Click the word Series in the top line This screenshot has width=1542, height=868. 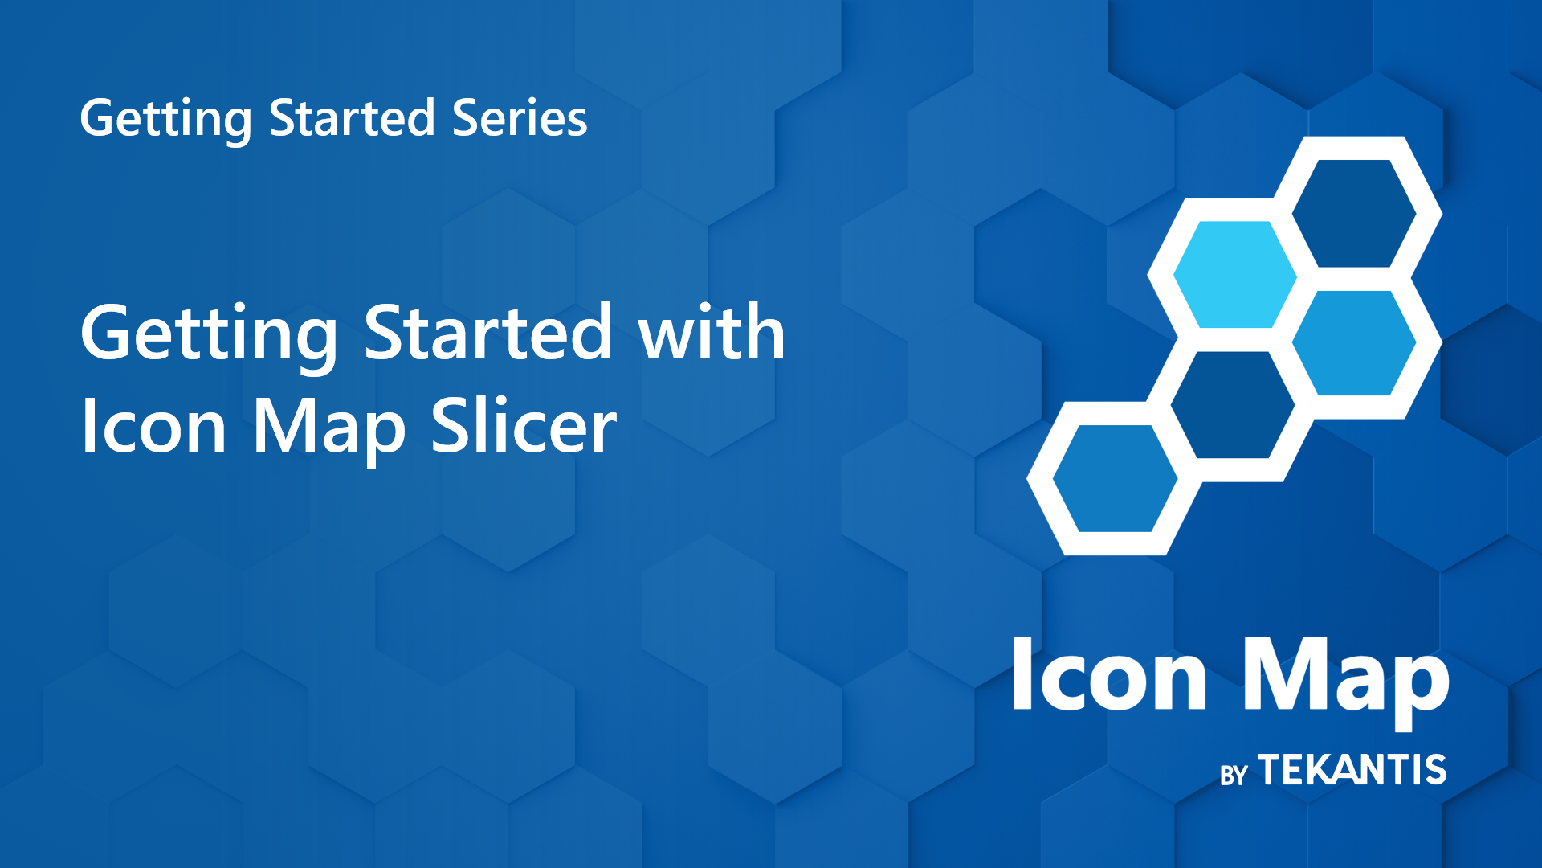pyautogui.click(x=519, y=119)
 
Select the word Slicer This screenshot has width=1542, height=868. pyautogui.click(x=524, y=426)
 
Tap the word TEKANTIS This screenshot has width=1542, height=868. pyautogui.click(x=1352, y=770)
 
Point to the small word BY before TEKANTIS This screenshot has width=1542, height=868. pyautogui.click(x=1233, y=776)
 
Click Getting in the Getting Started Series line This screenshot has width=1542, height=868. pyautogui.click(x=165, y=119)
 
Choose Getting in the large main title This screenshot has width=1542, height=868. pyautogui.click(x=209, y=334)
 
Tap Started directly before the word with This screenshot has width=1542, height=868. pyautogui.click(x=488, y=333)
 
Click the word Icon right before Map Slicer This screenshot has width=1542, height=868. pyautogui.click(x=153, y=427)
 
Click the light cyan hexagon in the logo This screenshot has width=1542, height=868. pyautogui.click(x=1234, y=274)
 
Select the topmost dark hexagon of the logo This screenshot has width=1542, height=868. pyautogui.click(x=1353, y=213)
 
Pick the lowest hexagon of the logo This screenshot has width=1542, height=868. pyautogui.click(x=1115, y=478)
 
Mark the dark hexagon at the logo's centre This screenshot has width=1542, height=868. pyautogui.click(x=1233, y=404)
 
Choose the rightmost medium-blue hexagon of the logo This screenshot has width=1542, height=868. pyautogui.click(x=1354, y=343)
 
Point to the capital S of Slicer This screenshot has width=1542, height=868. pyautogui.click(x=449, y=426)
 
